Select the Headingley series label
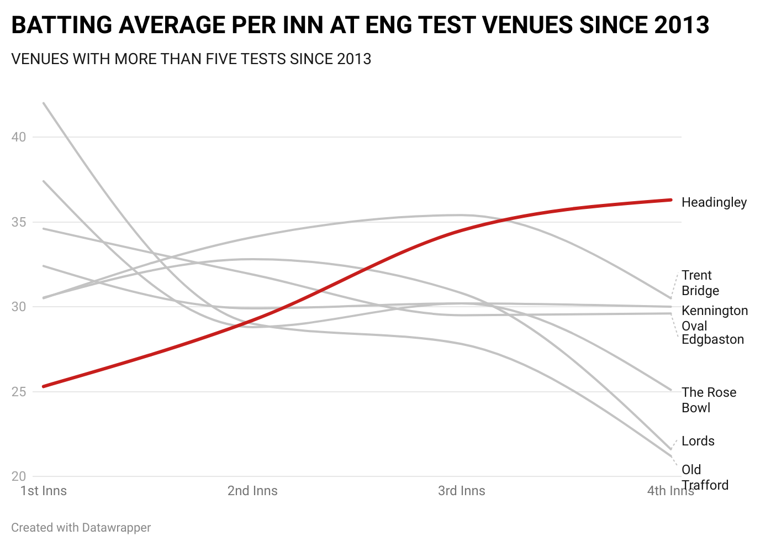(714, 202)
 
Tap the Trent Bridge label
(700, 283)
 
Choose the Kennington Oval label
(714, 318)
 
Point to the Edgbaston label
(712, 339)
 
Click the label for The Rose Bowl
(709, 400)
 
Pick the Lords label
(698, 441)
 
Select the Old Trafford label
(704, 477)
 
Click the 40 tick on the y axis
(19, 137)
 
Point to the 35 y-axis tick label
(19, 222)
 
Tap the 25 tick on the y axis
(19, 392)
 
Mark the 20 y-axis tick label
(19, 476)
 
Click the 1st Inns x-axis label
(44, 491)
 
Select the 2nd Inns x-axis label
(252, 491)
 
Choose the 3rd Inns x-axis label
(462, 491)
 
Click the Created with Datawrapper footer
(81, 528)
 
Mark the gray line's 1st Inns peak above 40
(44, 103)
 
